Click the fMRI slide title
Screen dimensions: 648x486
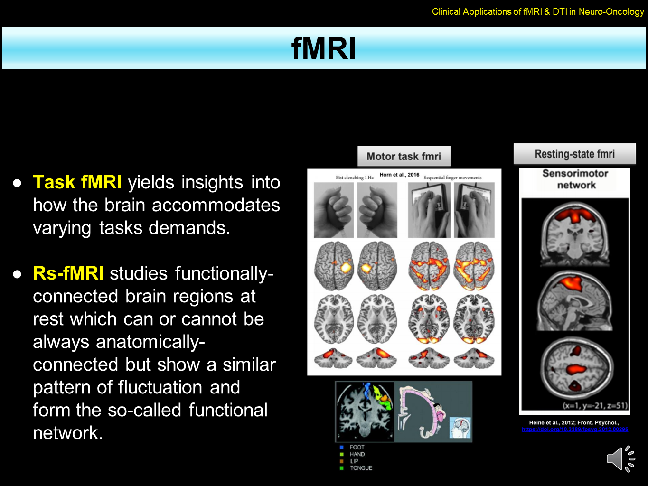point(323,48)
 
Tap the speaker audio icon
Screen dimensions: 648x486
point(620,459)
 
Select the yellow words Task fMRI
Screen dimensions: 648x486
point(77,182)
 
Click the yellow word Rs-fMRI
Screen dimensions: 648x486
point(68,273)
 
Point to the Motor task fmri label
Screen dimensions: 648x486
point(404,156)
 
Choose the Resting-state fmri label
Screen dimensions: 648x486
point(574,154)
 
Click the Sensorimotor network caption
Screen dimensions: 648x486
point(575,179)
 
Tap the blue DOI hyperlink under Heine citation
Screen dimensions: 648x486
point(575,430)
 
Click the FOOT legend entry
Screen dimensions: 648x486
point(357,447)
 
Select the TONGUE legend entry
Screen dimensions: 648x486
point(361,468)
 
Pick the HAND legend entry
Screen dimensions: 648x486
point(357,454)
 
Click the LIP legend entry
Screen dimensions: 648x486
point(354,461)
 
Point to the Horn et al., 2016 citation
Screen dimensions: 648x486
point(399,175)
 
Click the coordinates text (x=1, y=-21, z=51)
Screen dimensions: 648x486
point(595,405)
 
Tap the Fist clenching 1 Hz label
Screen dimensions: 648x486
point(355,178)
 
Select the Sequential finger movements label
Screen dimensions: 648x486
point(452,178)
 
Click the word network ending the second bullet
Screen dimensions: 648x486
point(68,433)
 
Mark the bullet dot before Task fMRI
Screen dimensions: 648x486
point(18,183)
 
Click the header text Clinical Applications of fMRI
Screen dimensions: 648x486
point(538,11)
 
